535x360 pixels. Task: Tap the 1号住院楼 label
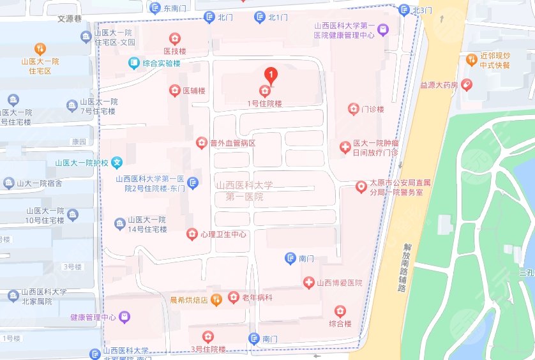tap(264, 103)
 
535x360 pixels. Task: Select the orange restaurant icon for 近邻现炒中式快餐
tap(472, 59)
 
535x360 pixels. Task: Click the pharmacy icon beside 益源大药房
tap(467, 84)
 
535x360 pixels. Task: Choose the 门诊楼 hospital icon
tap(353, 109)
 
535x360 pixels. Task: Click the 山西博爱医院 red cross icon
tap(308, 282)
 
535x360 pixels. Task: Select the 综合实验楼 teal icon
tap(133, 63)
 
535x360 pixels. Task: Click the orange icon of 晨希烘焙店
tap(216, 298)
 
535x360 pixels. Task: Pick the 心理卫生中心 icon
tap(192, 234)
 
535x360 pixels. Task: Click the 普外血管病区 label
tap(233, 143)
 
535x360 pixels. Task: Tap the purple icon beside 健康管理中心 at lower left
tap(124, 317)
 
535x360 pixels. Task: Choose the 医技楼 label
tap(174, 51)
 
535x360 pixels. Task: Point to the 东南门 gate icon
tap(154, 8)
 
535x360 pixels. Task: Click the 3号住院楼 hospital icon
tap(208, 336)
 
